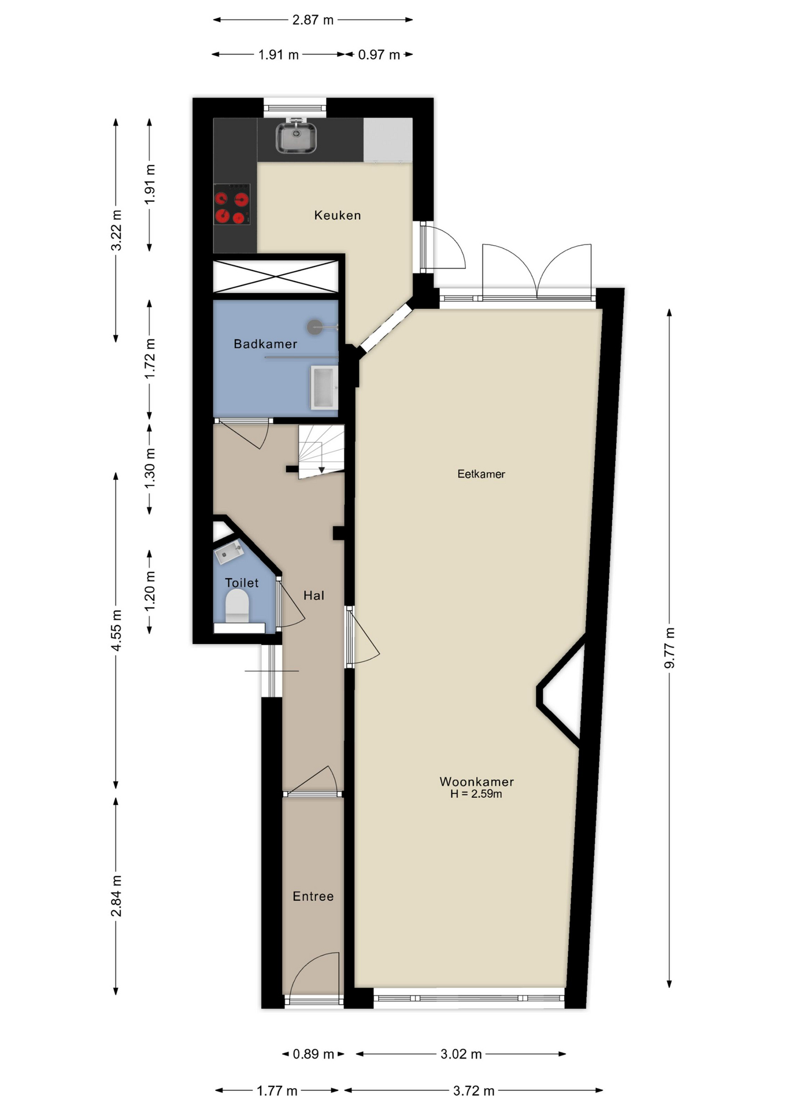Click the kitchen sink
[x=296, y=138]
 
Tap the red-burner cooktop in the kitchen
[x=232, y=205]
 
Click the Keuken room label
[x=338, y=215]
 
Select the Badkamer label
[x=265, y=344]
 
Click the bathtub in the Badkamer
[x=323, y=387]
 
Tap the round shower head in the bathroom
[x=314, y=327]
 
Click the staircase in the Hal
[x=321, y=452]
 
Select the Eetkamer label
[x=481, y=474]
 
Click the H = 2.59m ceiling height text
[x=476, y=794]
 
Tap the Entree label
[x=313, y=896]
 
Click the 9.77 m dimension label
[x=669, y=647]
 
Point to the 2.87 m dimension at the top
[x=313, y=20]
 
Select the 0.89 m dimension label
[x=313, y=1054]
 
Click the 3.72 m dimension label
[x=473, y=1090]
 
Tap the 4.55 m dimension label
[x=116, y=630]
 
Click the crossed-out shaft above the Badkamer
[x=276, y=277]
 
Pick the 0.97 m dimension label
[x=379, y=55]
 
